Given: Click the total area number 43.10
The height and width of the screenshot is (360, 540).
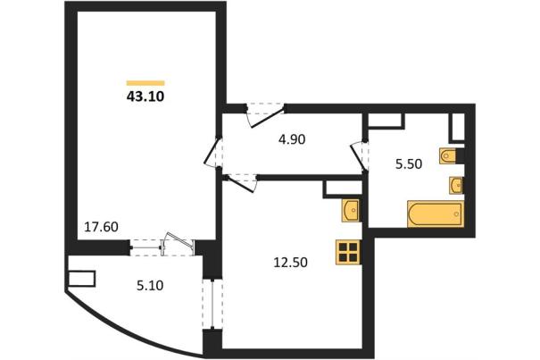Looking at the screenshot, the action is tap(145, 96).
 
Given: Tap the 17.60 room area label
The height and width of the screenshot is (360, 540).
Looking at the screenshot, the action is tap(101, 227).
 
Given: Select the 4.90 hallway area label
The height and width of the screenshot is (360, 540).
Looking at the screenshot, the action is tap(292, 139).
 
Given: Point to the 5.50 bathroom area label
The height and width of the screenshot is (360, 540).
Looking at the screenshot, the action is tap(409, 164).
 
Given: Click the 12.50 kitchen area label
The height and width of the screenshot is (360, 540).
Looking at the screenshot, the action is tap(290, 263).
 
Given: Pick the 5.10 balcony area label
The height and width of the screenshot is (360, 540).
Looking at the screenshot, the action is tap(150, 286).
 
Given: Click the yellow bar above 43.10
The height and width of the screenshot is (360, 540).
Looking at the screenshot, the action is tap(145, 83).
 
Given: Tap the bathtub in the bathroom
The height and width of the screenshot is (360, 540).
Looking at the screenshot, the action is tap(435, 213).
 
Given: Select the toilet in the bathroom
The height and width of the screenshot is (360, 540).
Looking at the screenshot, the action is tap(448, 156).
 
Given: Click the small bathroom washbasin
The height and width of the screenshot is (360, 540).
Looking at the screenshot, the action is tap(456, 186).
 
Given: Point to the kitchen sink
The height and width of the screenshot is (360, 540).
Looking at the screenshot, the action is tap(351, 210).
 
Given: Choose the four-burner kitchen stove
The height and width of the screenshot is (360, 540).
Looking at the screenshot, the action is tap(348, 253).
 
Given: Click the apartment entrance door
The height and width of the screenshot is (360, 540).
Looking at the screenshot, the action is tap(265, 115).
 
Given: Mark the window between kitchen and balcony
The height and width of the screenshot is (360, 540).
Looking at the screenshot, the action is tap(212, 304).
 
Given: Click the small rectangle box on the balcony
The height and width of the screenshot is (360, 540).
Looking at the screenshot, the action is tap(81, 279).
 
